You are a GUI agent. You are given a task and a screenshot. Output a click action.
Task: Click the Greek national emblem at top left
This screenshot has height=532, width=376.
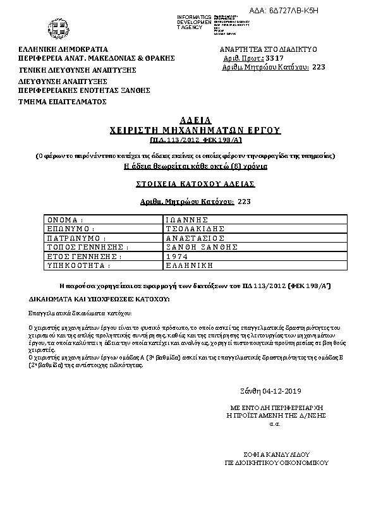(x=52, y=27)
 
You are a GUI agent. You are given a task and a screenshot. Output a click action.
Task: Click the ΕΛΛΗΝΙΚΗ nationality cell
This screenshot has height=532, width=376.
(x=188, y=266)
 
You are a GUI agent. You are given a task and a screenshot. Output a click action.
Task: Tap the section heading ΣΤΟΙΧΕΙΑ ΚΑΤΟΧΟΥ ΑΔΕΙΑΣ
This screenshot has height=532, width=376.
(x=196, y=184)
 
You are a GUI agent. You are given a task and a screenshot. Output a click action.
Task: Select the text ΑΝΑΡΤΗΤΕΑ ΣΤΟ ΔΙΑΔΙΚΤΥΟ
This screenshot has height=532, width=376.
(x=268, y=49)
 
